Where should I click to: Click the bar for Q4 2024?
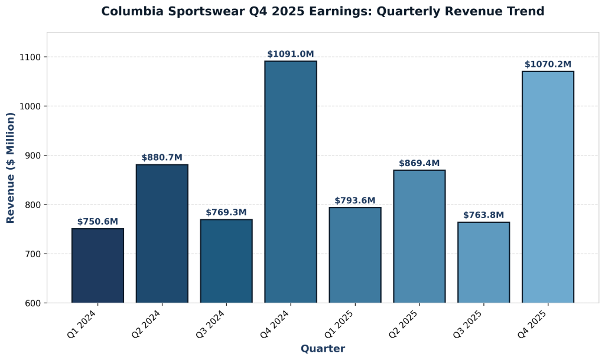click(291, 182)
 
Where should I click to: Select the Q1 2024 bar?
click(97, 265)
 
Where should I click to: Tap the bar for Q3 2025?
click(483, 262)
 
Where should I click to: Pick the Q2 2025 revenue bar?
click(419, 236)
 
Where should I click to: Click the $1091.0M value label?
click(291, 54)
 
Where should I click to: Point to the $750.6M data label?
click(97, 222)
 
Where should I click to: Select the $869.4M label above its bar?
click(419, 163)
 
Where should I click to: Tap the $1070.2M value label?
click(548, 64)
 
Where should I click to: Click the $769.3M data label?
click(226, 212)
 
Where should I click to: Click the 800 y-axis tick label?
click(32, 205)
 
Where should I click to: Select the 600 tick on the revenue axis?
click(32, 303)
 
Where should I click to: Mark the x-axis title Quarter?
click(323, 349)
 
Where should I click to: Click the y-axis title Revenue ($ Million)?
click(11, 168)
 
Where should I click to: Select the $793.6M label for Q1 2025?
click(355, 201)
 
